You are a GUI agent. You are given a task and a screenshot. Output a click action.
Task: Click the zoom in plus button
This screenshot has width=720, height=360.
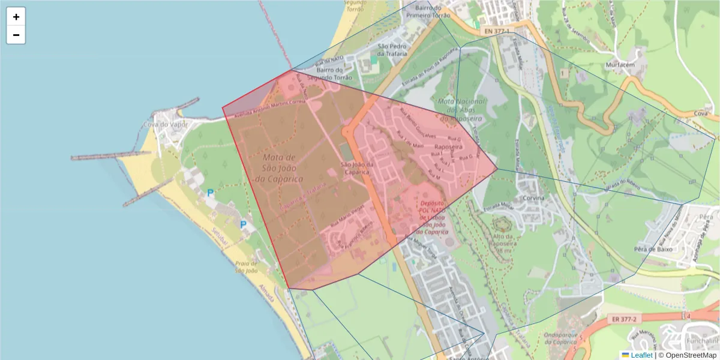click(x=16, y=17)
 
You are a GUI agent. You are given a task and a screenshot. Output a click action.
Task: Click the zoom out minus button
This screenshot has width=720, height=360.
click(x=16, y=35)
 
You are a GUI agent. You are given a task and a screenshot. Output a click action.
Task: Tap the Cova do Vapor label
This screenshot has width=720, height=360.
click(x=166, y=125)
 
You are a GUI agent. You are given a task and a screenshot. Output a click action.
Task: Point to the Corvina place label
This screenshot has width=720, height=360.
click(x=533, y=198)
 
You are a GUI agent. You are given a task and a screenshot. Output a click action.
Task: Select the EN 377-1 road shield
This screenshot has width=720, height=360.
click(x=496, y=31)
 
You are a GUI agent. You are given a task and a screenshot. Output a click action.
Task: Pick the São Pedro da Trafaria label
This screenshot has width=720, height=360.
click(x=393, y=50)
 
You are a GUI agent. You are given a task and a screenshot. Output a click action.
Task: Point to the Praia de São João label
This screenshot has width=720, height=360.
click(x=246, y=267)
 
